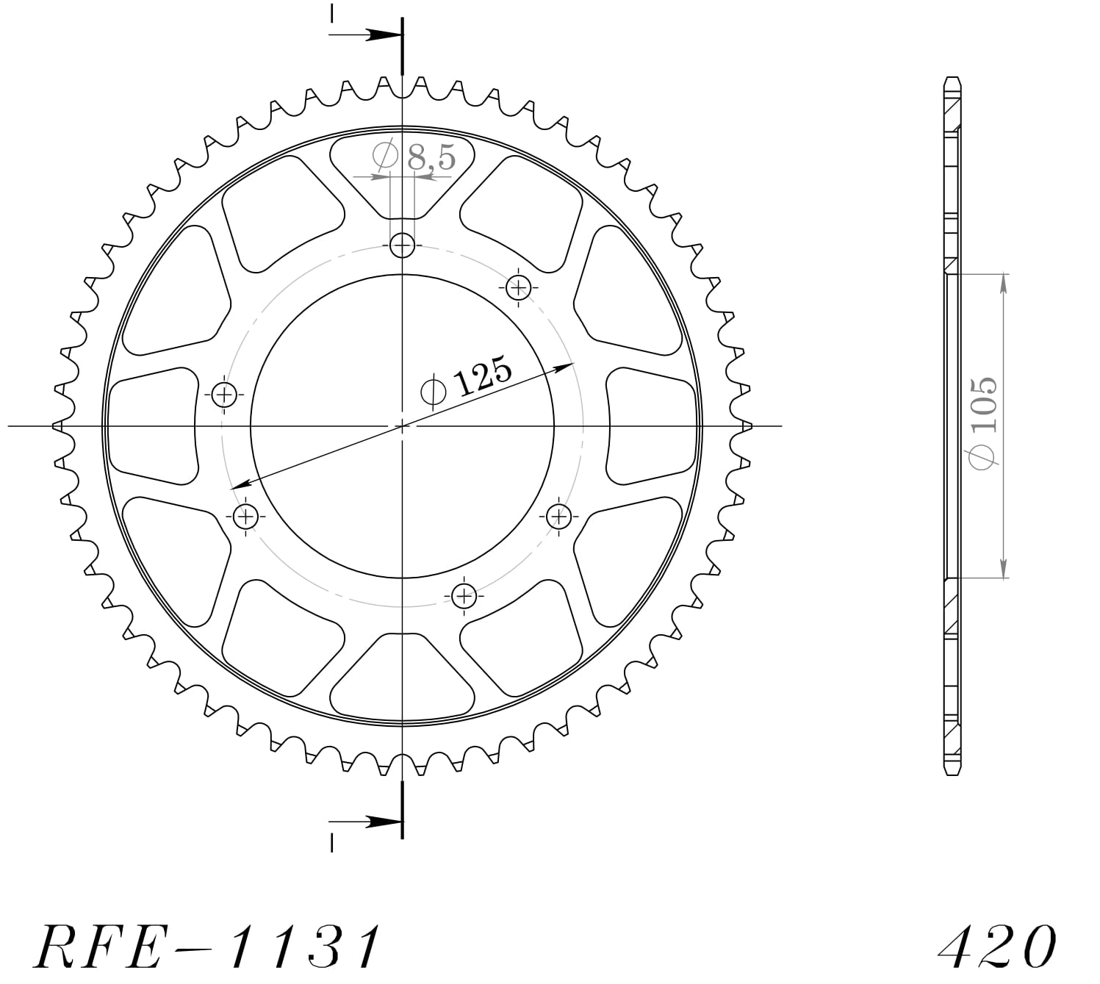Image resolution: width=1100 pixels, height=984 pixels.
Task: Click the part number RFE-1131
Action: (208, 947)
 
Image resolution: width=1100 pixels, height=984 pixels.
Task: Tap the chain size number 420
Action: (997, 947)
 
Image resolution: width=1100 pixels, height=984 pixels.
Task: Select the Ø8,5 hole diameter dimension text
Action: (415, 157)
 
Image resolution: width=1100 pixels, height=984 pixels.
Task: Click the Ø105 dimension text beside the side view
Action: (983, 422)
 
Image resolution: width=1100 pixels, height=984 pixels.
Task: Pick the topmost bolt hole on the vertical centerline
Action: (402, 245)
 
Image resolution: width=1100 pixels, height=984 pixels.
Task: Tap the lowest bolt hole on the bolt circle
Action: (464, 595)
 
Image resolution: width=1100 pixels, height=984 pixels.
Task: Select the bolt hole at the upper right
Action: (519, 286)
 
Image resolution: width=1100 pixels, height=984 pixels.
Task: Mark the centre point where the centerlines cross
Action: (402, 425)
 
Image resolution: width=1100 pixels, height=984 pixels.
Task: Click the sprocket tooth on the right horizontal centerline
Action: (747, 425)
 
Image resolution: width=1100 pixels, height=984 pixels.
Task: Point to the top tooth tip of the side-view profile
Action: (952, 78)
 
